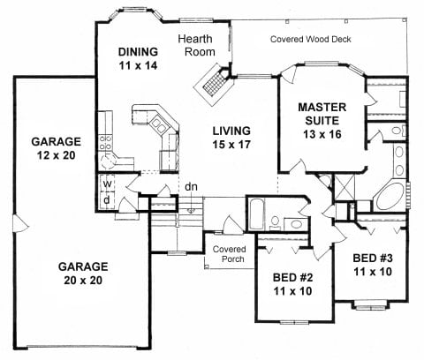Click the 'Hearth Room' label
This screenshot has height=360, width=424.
[x=196, y=45]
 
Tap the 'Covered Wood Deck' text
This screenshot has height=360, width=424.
[x=311, y=39]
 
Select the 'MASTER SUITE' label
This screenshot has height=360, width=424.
[x=322, y=114]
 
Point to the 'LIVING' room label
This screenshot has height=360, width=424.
[x=231, y=131]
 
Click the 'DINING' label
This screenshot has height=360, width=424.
[x=138, y=52]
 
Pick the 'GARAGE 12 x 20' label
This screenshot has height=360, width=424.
[x=57, y=148]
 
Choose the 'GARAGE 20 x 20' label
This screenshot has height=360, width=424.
[x=83, y=274]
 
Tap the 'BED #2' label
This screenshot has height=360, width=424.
[x=292, y=277]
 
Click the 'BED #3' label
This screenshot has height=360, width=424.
[x=373, y=258]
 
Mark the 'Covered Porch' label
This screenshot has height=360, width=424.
[x=229, y=254]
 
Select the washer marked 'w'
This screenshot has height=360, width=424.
[x=107, y=184]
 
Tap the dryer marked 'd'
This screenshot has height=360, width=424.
[x=107, y=200]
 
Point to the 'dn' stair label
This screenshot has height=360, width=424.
[x=191, y=187]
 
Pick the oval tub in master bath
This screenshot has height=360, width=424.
[x=390, y=197]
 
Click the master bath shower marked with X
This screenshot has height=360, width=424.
[x=344, y=188]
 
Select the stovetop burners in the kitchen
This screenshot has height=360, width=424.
[x=105, y=142]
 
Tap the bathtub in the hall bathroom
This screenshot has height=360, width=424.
[x=256, y=214]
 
